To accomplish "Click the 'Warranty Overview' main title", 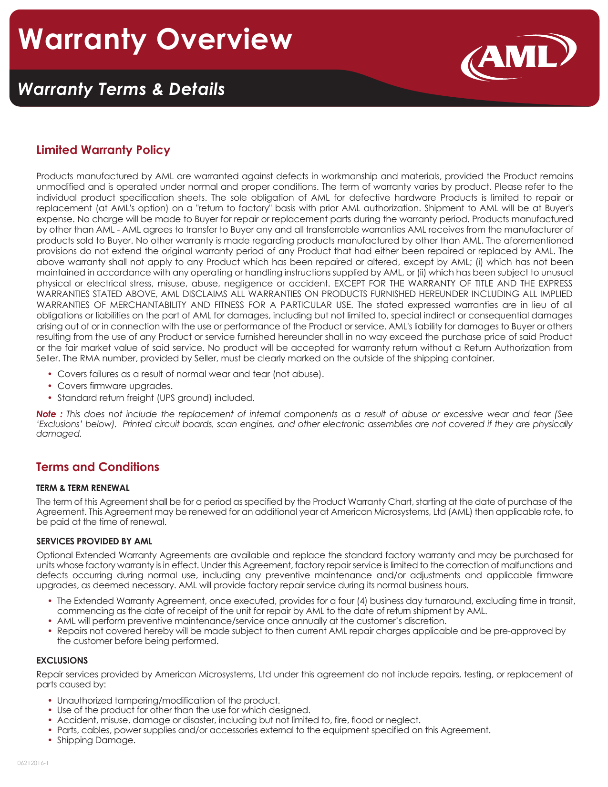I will pyautogui.click(x=155, y=39).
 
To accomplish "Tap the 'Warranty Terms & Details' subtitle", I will pyautogui.click(x=121, y=89).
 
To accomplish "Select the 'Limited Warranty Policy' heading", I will pyautogui.click(x=103, y=150).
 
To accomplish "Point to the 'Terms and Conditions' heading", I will pyautogui.click(x=98, y=467).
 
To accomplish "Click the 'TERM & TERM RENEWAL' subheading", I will pyautogui.click(x=83, y=488).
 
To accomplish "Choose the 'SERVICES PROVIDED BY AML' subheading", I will pyautogui.click(x=94, y=542).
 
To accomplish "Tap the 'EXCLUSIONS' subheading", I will pyautogui.click(x=62, y=661).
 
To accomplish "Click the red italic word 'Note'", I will pyautogui.click(x=47, y=414).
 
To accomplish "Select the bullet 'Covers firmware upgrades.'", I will pyautogui.click(x=115, y=386).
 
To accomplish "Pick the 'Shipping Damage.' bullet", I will pyautogui.click(x=96, y=740).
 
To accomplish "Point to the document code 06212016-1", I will pyautogui.click(x=33, y=763).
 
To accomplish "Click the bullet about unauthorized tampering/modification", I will pyautogui.click(x=168, y=701).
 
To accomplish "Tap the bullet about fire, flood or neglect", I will pyautogui.click(x=238, y=720).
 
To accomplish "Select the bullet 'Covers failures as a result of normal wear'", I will pyautogui.click(x=190, y=374).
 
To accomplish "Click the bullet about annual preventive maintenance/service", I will pyautogui.click(x=251, y=621).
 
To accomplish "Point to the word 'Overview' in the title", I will pyautogui.click(x=224, y=39).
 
